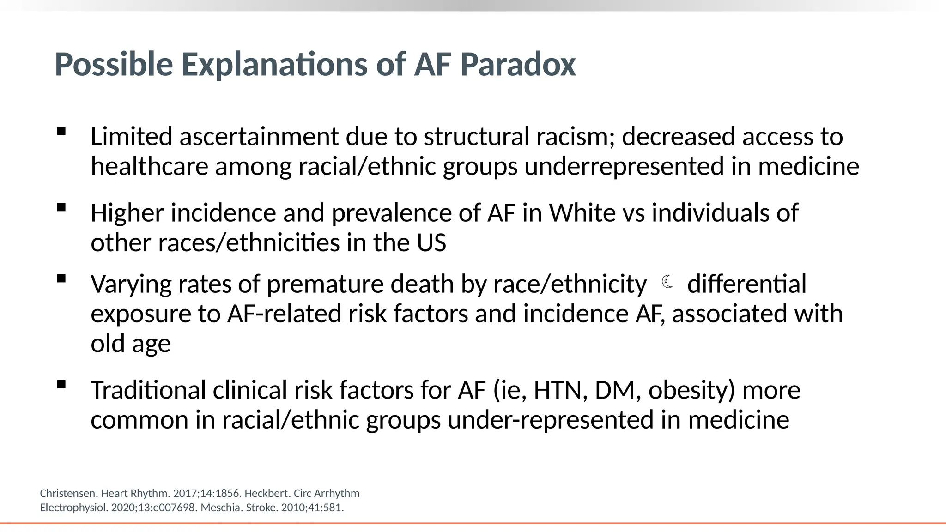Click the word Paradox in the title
[x=518, y=64]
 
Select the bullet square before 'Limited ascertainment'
[x=61, y=131]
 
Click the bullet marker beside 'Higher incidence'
[x=61, y=207]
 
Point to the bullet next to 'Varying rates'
[x=61, y=278]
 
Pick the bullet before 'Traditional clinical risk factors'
[x=61, y=385]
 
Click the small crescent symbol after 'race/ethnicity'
[x=667, y=282]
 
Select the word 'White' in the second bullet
[x=582, y=213]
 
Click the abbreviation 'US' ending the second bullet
[x=431, y=243]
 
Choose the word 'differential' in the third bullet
[x=746, y=284]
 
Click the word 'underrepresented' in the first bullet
[x=624, y=167]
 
